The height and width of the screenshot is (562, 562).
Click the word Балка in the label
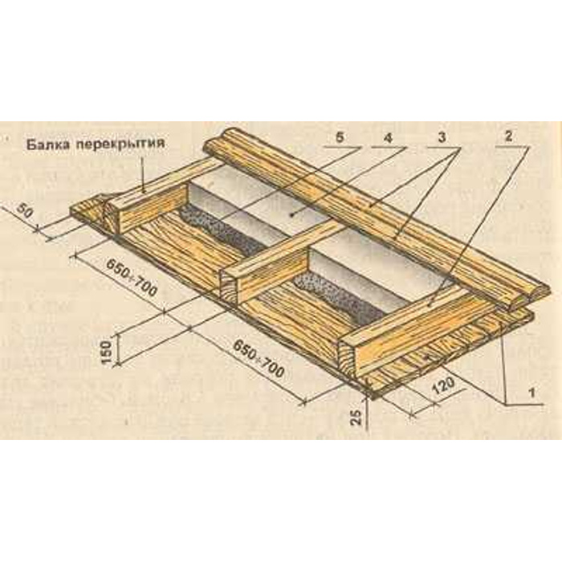pos(44,145)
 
